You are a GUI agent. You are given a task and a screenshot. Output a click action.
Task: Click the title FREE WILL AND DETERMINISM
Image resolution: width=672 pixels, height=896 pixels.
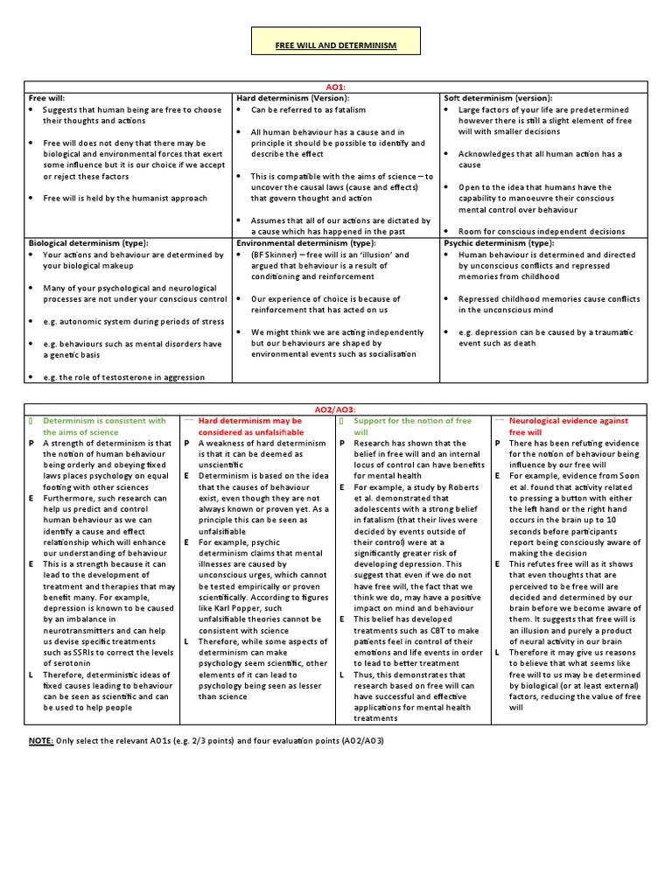[x=336, y=45]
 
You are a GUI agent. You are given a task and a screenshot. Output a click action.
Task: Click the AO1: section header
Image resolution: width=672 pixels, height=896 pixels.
[x=336, y=87]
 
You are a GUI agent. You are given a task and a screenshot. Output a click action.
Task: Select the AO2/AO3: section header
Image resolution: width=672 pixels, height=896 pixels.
[x=336, y=409]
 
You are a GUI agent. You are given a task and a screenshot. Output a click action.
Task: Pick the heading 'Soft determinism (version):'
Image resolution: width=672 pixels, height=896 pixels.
[x=498, y=99]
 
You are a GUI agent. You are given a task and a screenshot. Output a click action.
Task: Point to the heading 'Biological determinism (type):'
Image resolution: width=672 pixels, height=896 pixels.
[x=88, y=242]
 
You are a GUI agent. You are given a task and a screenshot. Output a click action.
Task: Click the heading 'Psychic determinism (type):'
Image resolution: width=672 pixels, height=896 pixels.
[x=499, y=242]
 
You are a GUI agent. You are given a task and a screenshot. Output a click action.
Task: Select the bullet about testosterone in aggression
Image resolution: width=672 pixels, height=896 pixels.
[x=123, y=377]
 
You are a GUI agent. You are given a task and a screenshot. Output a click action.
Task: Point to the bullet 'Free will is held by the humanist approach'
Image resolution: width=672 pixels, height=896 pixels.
[x=125, y=198]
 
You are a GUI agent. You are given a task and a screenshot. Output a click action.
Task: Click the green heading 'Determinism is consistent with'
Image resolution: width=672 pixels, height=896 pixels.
[x=104, y=420]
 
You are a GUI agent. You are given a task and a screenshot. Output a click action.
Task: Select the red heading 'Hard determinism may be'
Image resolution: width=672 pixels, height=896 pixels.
[x=249, y=420]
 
